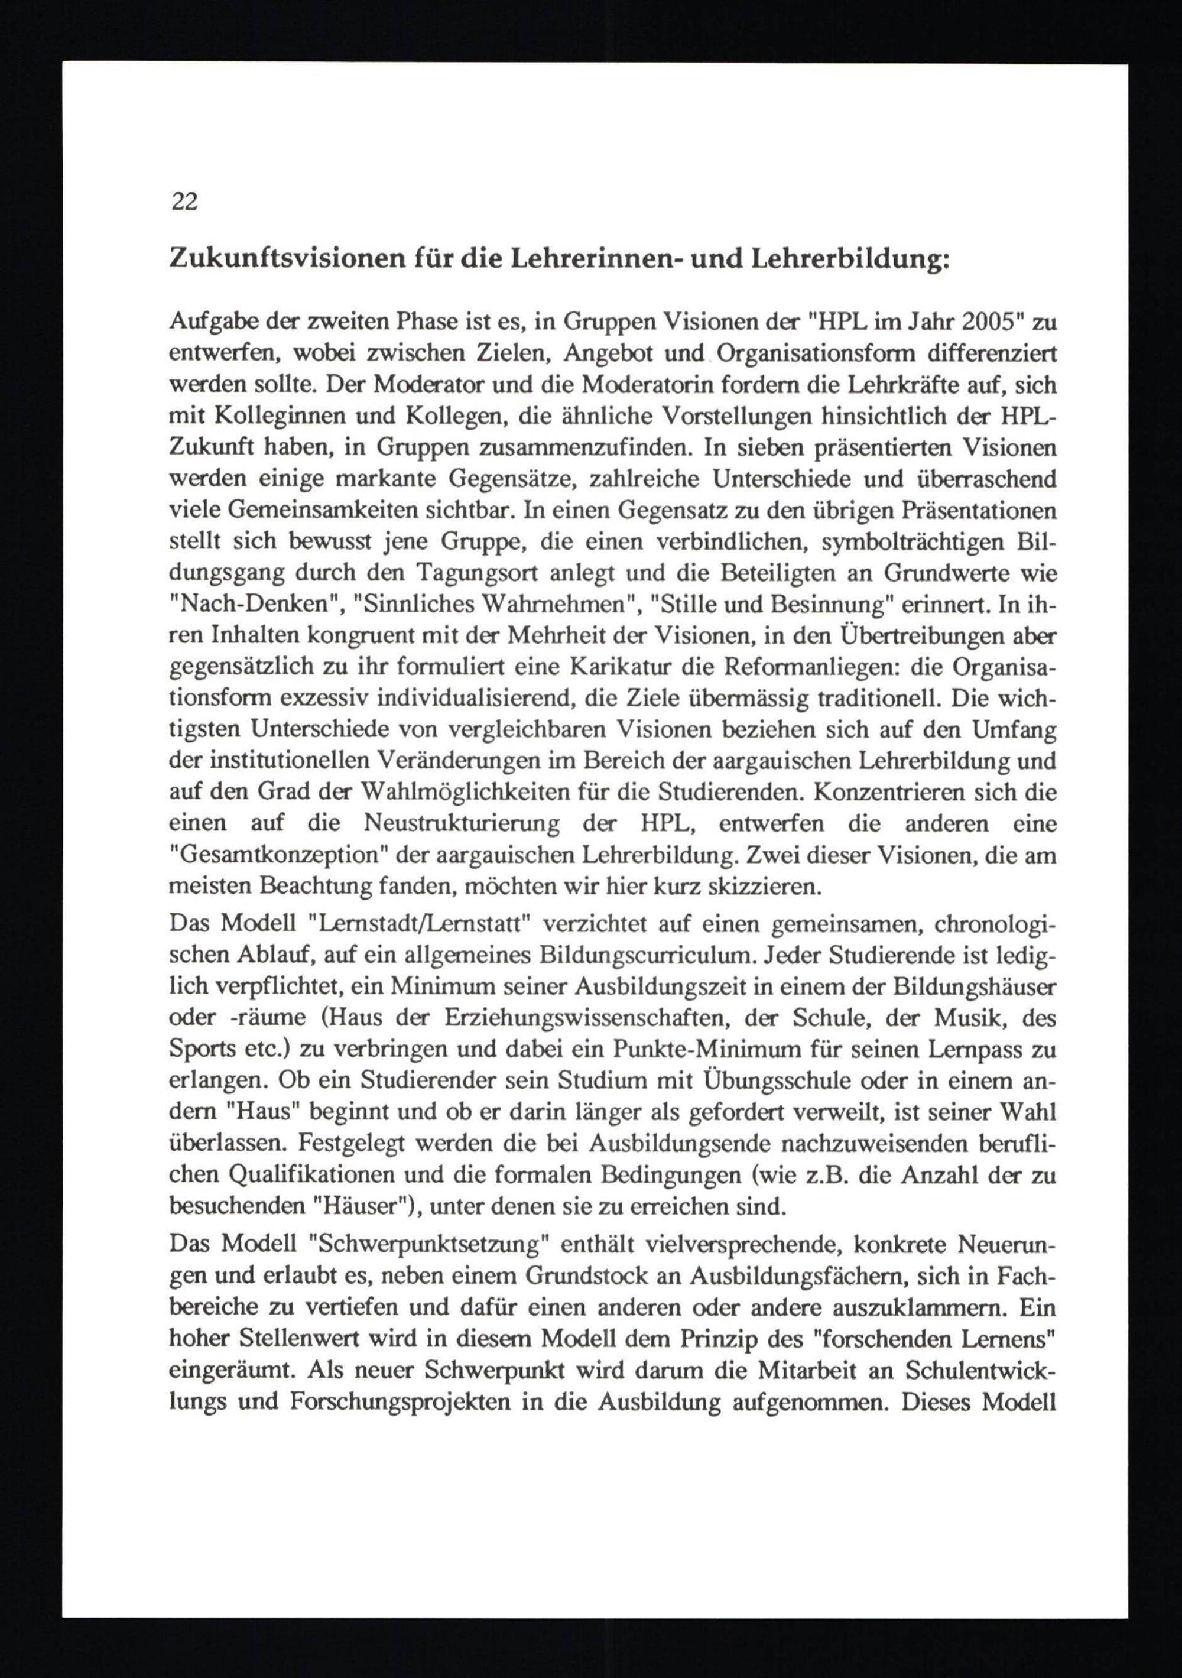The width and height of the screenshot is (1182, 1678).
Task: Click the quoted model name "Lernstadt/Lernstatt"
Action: (x=420, y=924)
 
